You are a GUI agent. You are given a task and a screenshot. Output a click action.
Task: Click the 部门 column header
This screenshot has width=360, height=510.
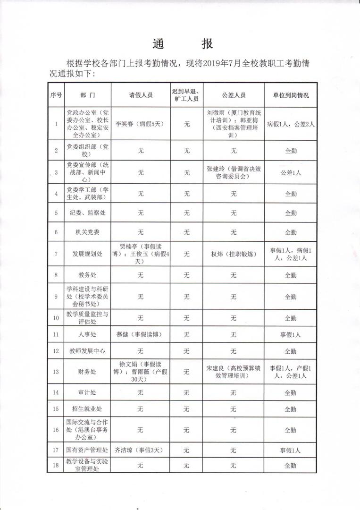click(x=87, y=95)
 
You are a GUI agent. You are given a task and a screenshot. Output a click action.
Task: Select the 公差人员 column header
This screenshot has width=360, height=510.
click(x=234, y=95)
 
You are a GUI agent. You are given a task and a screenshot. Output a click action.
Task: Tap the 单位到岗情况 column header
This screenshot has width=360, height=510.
click(x=290, y=95)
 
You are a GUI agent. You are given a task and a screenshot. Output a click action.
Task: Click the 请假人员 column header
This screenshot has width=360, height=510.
click(x=141, y=95)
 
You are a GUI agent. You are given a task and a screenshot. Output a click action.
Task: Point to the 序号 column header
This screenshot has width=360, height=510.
click(x=56, y=95)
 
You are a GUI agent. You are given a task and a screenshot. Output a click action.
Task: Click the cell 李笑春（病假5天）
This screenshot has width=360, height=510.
click(x=141, y=124)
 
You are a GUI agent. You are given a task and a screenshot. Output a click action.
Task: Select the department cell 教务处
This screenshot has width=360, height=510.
click(x=87, y=275)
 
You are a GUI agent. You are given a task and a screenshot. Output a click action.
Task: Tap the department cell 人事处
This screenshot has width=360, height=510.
click(x=87, y=335)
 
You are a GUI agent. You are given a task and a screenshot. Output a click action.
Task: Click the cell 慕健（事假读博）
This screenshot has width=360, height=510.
click(x=140, y=335)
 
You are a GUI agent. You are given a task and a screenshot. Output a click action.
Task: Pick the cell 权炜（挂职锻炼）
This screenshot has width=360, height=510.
click(x=234, y=254)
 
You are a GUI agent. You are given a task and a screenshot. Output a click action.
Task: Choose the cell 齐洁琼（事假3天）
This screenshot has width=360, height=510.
click(x=140, y=451)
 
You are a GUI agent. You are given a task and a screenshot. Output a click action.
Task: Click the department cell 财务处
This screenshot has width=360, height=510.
click(x=87, y=372)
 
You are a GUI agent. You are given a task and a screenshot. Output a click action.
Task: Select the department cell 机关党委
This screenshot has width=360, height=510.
click(x=87, y=232)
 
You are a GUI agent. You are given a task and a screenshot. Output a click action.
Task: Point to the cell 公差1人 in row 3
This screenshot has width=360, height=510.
click(x=291, y=173)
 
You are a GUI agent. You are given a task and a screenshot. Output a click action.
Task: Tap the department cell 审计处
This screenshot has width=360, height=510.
click(x=87, y=392)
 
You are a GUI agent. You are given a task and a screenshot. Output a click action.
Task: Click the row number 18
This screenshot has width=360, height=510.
click(x=56, y=465)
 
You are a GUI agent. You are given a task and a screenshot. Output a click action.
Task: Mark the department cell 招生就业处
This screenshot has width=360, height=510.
click(x=87, y=409)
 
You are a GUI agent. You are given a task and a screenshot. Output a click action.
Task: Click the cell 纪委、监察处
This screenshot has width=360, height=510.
click(x=87, y=213)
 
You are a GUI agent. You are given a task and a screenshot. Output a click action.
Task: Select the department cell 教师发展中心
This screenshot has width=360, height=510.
click(x=87, y=351)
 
